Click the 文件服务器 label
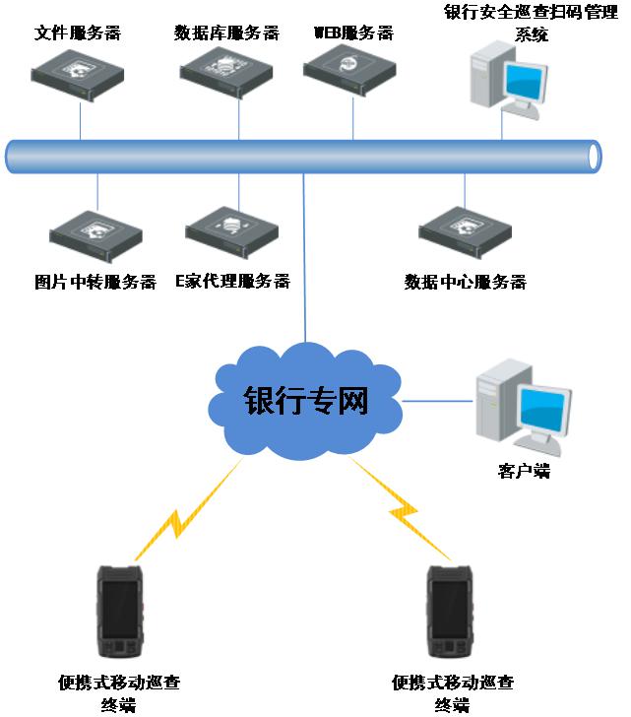[x=78, y=33]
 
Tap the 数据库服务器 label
[x=226, y=33]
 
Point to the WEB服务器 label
[x=353, y=33]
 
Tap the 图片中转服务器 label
[x=95, y=283]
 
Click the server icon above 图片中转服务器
[x=96, y=233]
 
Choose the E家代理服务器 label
[x=232, y=282]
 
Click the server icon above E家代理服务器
[x=232, y=229]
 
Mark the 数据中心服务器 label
[x=466, y=283]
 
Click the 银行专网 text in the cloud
[x=306, y=401]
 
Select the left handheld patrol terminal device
[x=121, y=612]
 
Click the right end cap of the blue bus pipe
[x=593, y=157]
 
